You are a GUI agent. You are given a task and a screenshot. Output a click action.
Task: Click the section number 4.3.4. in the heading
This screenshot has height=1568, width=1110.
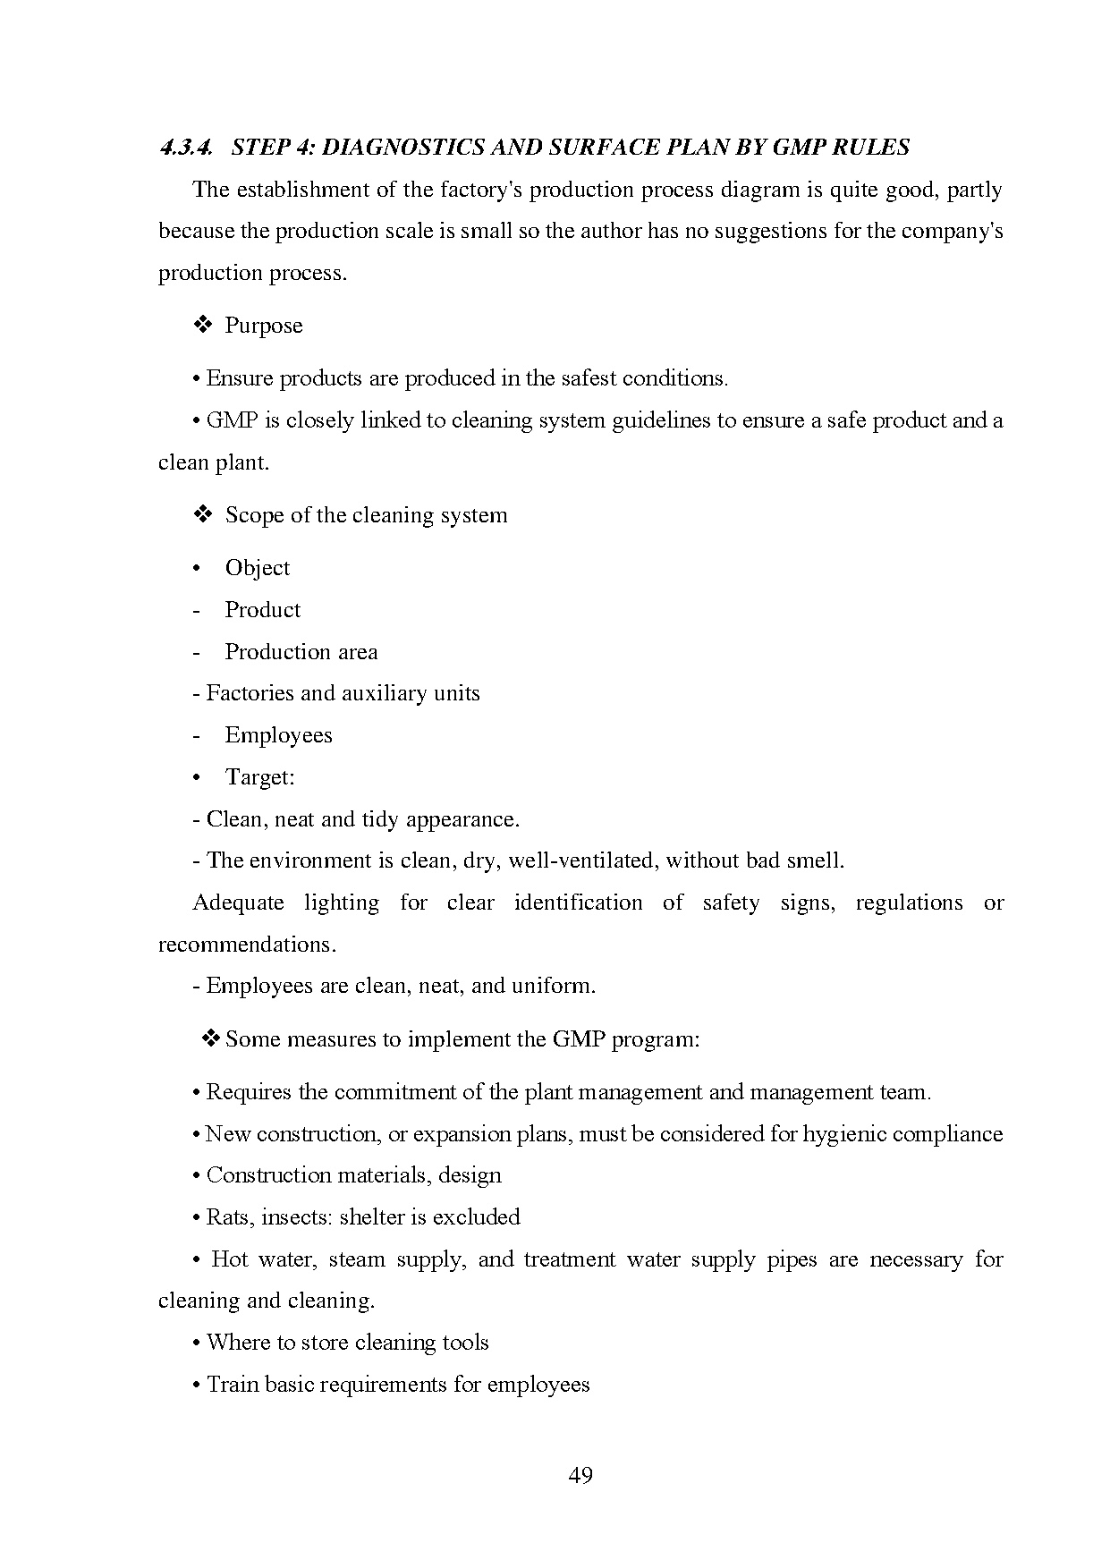[186, 148]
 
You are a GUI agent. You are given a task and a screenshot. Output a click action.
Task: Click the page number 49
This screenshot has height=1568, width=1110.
[580, 1475]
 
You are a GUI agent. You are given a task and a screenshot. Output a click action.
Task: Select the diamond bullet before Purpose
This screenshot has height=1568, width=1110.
[201, 325]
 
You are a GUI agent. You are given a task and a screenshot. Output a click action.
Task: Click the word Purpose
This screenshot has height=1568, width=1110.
[264, 326]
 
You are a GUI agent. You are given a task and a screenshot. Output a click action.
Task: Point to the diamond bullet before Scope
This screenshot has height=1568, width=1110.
[201, 514]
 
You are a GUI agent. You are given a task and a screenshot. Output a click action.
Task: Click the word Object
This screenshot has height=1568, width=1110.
[258, 568]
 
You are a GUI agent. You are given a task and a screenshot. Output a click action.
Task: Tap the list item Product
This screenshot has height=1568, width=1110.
[262, 610]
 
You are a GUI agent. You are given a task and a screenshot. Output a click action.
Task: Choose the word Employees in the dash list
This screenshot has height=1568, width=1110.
[278, 735]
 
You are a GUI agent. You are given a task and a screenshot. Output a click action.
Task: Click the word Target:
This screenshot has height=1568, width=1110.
[259, 777]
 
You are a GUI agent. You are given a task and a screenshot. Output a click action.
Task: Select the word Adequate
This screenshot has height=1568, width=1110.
[238, 903]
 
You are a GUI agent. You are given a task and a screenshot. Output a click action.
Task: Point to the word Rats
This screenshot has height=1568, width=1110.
[227, 1217]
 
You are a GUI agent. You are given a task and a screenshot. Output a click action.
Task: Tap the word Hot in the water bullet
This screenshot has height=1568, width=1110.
[230, 1259]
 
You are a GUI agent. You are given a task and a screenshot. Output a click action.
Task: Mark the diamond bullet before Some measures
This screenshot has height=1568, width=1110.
[211, 1038]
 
